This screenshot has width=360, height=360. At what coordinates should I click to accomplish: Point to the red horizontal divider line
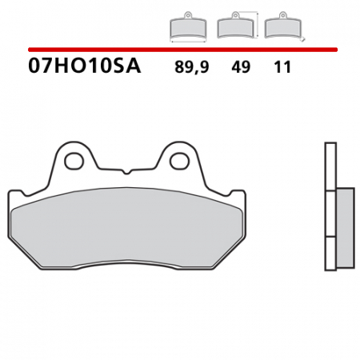coord(180,50)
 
